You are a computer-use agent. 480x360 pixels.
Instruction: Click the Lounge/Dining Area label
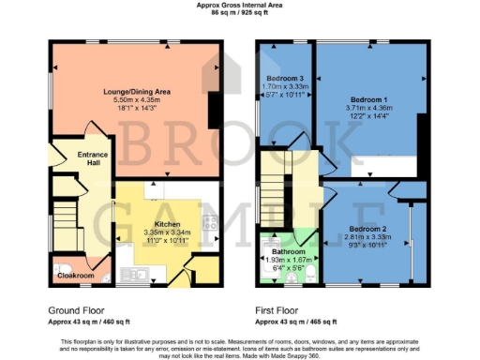coord(128,91)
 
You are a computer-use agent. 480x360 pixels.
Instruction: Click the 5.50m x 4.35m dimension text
coord(128,99)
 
